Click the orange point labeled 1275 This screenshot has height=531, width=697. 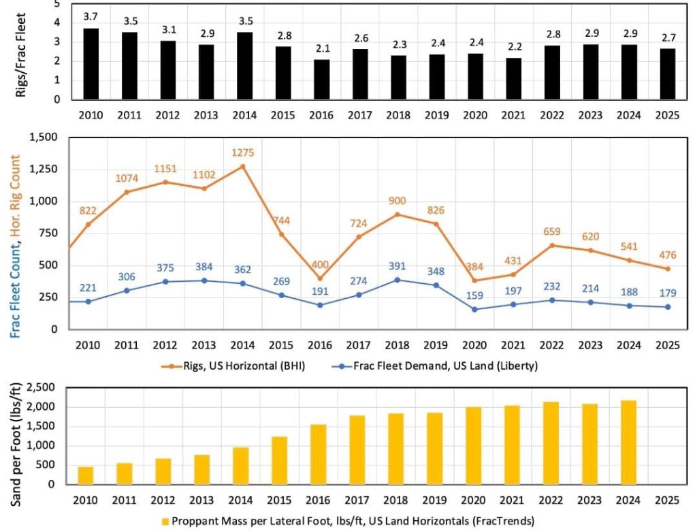coord(242,167)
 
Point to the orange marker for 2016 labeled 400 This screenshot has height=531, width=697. coord(319,278)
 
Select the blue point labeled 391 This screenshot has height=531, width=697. coord(397,280)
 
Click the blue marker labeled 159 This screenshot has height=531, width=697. coord(474,309)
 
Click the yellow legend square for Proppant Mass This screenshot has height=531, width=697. coord(165,521)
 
